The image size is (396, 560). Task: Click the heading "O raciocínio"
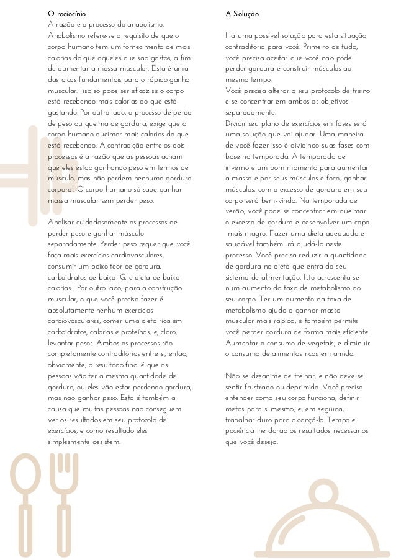[68, 12]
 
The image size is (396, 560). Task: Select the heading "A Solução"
[243, 12]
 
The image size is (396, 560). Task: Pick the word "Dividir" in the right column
[238, 122]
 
